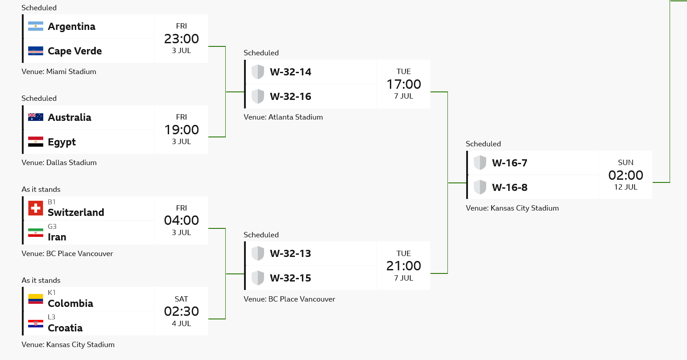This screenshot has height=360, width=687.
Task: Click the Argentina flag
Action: pos(36,26)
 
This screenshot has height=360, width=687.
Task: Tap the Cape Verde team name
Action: pos(75,51)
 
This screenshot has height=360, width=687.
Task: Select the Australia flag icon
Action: pos(36,117)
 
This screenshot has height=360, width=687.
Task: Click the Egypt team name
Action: pos(62,142)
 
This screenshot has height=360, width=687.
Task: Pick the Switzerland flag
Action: pos(36,208)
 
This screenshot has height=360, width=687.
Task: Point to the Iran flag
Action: pos(36,233)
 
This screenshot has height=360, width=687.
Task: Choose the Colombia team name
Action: pos(70,303)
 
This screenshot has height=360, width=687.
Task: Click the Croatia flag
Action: pos(36,323)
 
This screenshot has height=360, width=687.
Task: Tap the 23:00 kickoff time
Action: pos(182,39)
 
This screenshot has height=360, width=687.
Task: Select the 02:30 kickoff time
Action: pos(182,311)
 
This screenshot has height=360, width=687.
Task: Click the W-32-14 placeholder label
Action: pos(290,72)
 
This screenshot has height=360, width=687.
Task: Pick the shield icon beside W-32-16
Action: pos(258,96)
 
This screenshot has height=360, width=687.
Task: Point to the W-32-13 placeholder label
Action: pos(290,253)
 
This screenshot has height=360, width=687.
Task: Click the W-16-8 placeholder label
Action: pos(510,187)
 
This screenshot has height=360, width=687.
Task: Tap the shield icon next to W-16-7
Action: pos(480,162)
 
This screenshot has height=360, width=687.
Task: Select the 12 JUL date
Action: pos(625,187)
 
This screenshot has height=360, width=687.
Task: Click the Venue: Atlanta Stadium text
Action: pos(283,117)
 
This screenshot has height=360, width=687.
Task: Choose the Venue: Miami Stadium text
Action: pos(59,72)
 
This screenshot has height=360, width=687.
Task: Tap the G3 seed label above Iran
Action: pos(52,226)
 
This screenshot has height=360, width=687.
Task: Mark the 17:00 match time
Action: pos(404,84)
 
